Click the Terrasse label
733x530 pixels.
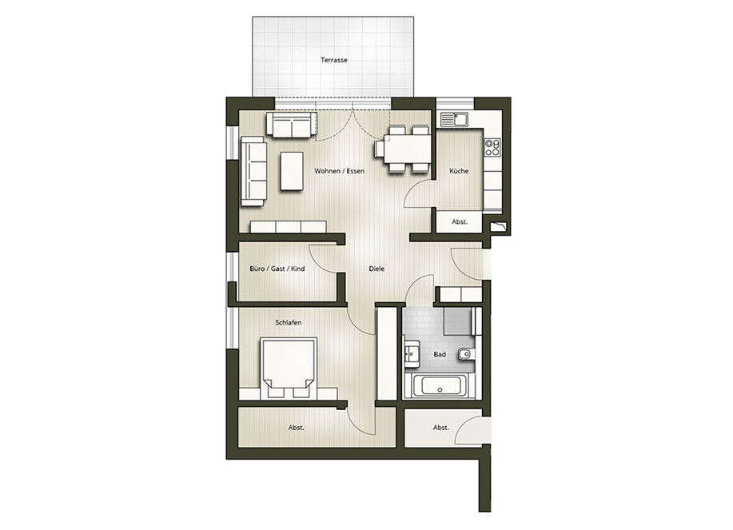334,60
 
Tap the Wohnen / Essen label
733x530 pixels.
340,171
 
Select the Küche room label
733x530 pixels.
459,171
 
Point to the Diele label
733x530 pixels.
376,269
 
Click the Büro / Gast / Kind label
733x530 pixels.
277,269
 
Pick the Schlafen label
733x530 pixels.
289,322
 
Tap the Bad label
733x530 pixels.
440,354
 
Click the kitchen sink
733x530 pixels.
454,120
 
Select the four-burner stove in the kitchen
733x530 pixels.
492,147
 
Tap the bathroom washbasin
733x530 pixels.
412,353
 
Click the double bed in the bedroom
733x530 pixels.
289,369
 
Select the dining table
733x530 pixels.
403,149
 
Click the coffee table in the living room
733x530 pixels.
292,170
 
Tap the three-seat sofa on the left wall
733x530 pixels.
253,171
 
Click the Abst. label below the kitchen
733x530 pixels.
460,222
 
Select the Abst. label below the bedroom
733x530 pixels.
297,428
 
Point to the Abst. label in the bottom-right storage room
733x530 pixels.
440,428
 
